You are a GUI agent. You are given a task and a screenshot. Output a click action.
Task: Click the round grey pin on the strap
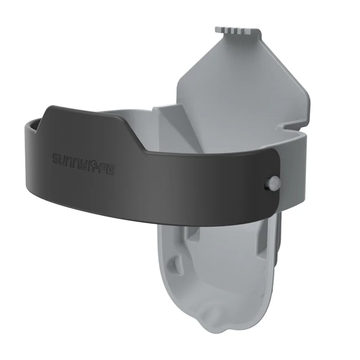[274, 182]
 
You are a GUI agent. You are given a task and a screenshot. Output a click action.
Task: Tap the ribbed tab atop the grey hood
[239, 31]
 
